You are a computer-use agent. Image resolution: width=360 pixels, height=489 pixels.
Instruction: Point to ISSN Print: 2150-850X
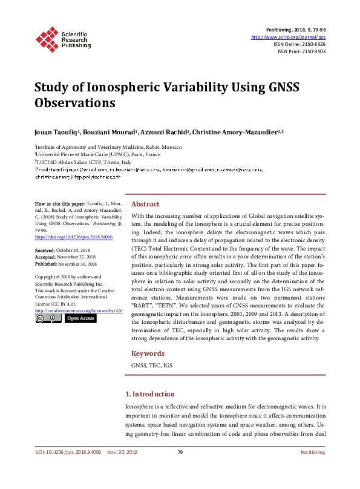pos(301,51)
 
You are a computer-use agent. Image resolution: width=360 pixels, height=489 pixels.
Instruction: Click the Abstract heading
pos(145,204)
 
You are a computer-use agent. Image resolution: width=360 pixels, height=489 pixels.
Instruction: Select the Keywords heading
pos(147,353)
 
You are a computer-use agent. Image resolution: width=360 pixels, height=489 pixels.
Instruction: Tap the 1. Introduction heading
pos(149,394)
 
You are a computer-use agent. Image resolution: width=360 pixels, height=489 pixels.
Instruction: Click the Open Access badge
pos(80,318)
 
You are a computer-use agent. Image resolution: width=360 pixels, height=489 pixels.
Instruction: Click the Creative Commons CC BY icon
pos(48,318)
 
